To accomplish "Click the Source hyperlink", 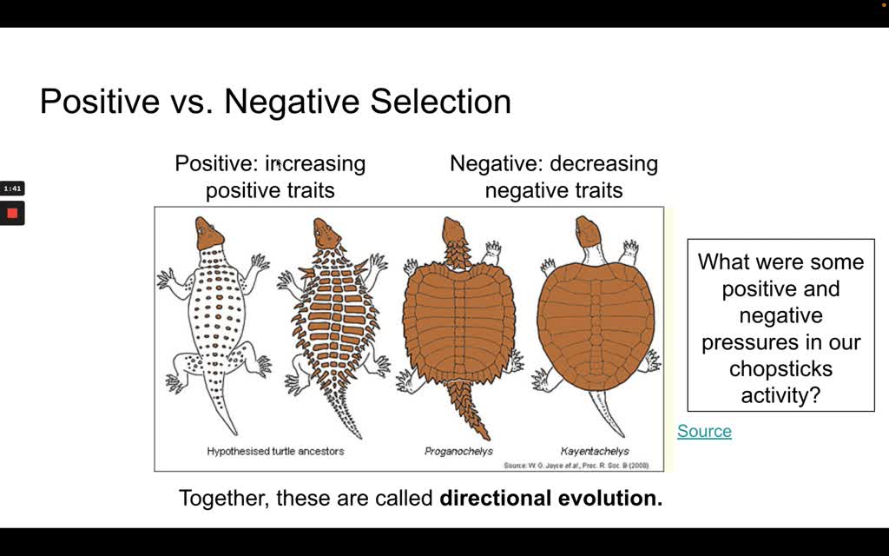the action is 704,431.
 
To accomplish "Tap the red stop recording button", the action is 12,214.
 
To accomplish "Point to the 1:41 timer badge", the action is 12,188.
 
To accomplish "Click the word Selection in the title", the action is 440,102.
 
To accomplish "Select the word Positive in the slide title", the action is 101,102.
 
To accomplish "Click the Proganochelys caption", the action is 458,452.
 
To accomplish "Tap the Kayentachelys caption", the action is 595,452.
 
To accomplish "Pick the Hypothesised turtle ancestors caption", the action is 275,451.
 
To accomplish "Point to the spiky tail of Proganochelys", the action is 468,407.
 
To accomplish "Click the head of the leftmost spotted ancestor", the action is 208,233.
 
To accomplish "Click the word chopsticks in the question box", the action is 780,368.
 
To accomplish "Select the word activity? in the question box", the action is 780,395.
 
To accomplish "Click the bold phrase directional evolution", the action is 551,498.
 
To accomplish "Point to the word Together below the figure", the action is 224,498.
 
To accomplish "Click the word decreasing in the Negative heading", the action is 604,163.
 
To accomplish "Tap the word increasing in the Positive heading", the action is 315,163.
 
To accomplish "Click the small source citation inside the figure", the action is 576,466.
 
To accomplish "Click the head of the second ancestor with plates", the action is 326,233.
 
